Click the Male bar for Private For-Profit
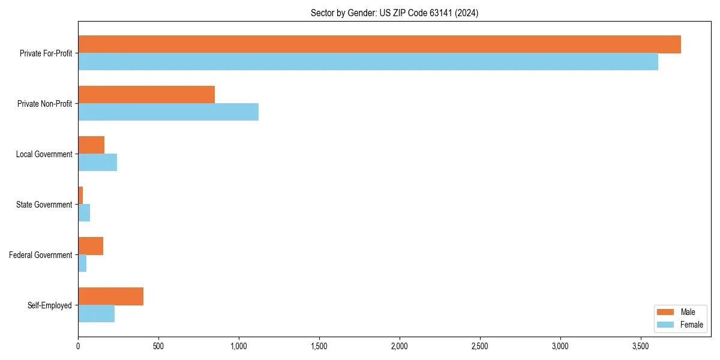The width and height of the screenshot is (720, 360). pyautogui.click(x=379, y=44)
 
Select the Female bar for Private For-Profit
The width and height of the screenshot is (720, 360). pyautogui.click(x=368, y=62)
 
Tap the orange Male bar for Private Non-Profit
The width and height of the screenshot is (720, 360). pyautogui.click(x=146, y=95)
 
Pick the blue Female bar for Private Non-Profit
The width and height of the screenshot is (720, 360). pyautogui.click(x=168, y=112)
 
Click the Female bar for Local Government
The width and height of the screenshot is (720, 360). pyautogui.click(x=97, y=163)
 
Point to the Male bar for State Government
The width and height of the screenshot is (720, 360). pyautogui.click(x=80, y=196)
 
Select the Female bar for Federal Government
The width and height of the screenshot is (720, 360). pyautogui.click(x=82, y=263)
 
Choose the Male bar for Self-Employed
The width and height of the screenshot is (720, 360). pyautogui.click(x=110, y=296)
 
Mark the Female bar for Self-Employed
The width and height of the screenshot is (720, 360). pyautogui.click(x=96, y=314)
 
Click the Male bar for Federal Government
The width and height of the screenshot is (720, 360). pyautogui.click(x=91, y=246)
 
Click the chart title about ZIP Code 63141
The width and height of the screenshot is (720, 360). pyautogui.click(x=394, y=13)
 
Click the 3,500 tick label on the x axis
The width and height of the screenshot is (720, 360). pyautogui.click(x=640, y=346)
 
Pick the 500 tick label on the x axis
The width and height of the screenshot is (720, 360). pyautogui.click(x=158, y=346)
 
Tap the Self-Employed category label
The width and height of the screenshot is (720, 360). pyautogui.click(x=49, y=305)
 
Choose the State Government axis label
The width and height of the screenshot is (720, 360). pyautogui.click(x=44, y=205)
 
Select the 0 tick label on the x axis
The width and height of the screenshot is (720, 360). pyautogui.click(x=78, y=346)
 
